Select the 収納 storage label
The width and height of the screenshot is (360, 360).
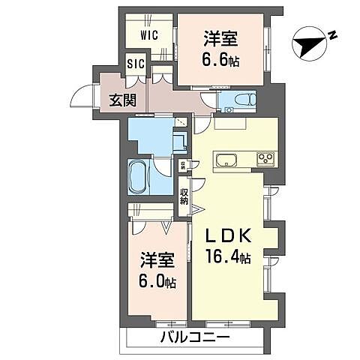pos(184,196)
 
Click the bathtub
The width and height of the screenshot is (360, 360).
pos(139,177)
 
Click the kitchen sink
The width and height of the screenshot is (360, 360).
pos(226,159)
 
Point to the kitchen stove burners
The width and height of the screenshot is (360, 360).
pos(265,159)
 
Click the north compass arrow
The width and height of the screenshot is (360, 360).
pos(308,40)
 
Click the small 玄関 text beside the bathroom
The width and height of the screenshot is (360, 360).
pos(181,165)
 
